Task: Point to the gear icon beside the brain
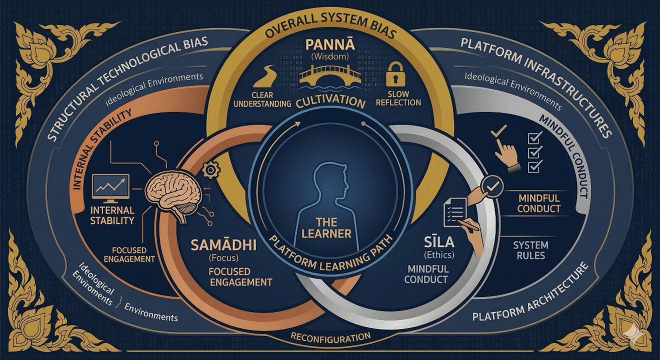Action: coord(212,170)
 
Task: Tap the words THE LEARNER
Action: coord(330,227)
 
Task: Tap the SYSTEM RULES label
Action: coord(530,250)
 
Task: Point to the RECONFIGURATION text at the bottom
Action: coord(330,337)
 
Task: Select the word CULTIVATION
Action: coord(330,102)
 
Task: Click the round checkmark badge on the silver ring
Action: coord(491,186)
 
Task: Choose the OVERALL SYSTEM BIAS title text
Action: coord(330,31)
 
